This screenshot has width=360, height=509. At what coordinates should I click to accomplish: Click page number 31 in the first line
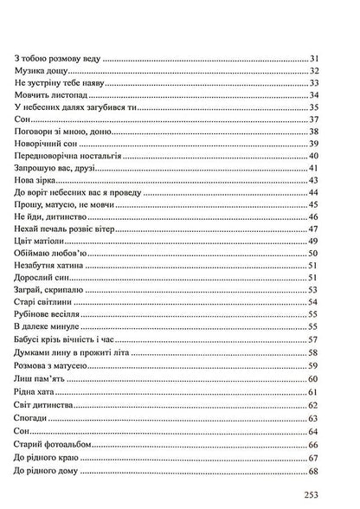[x=316, y=59]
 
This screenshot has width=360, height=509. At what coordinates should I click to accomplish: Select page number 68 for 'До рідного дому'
[x=316, y=471]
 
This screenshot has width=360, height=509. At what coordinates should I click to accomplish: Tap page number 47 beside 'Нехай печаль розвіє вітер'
[x=316, y=229]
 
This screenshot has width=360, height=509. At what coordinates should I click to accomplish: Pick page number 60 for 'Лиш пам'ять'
[x=316, y=379]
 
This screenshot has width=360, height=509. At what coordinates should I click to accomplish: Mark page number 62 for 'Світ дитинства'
[x=316, y=405]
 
